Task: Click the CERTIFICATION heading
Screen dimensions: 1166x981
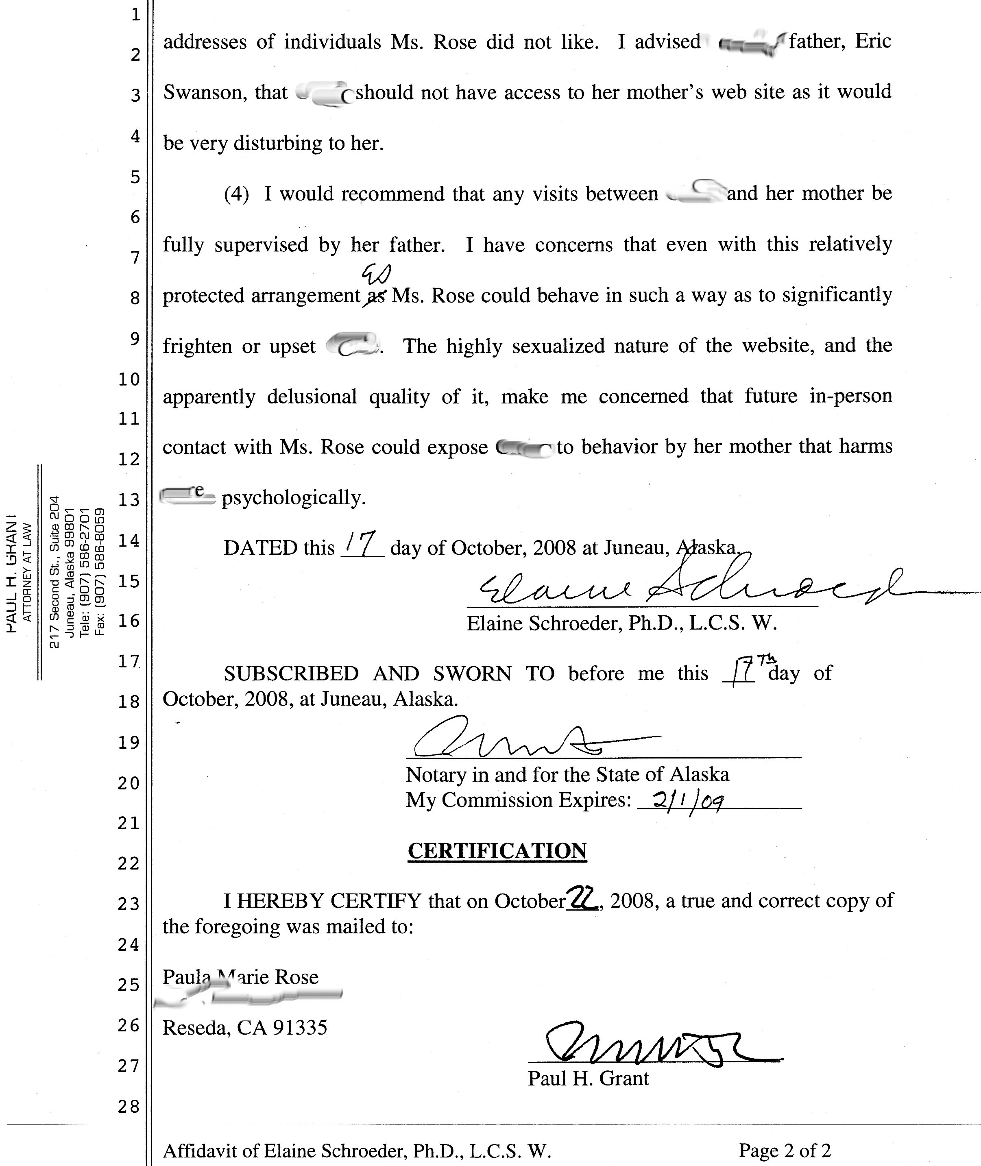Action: [497, 851]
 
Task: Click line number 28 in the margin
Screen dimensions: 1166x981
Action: [129, 1107]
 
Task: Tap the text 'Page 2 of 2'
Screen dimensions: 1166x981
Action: [784, 1150]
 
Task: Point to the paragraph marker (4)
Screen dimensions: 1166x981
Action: [236, 194]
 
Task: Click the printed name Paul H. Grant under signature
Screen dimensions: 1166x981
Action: [588, 1079]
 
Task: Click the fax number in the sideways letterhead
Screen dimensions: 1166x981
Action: [100, 573]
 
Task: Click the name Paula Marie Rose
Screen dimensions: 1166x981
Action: [240, 977]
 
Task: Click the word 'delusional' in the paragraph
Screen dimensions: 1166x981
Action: [312, 397]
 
